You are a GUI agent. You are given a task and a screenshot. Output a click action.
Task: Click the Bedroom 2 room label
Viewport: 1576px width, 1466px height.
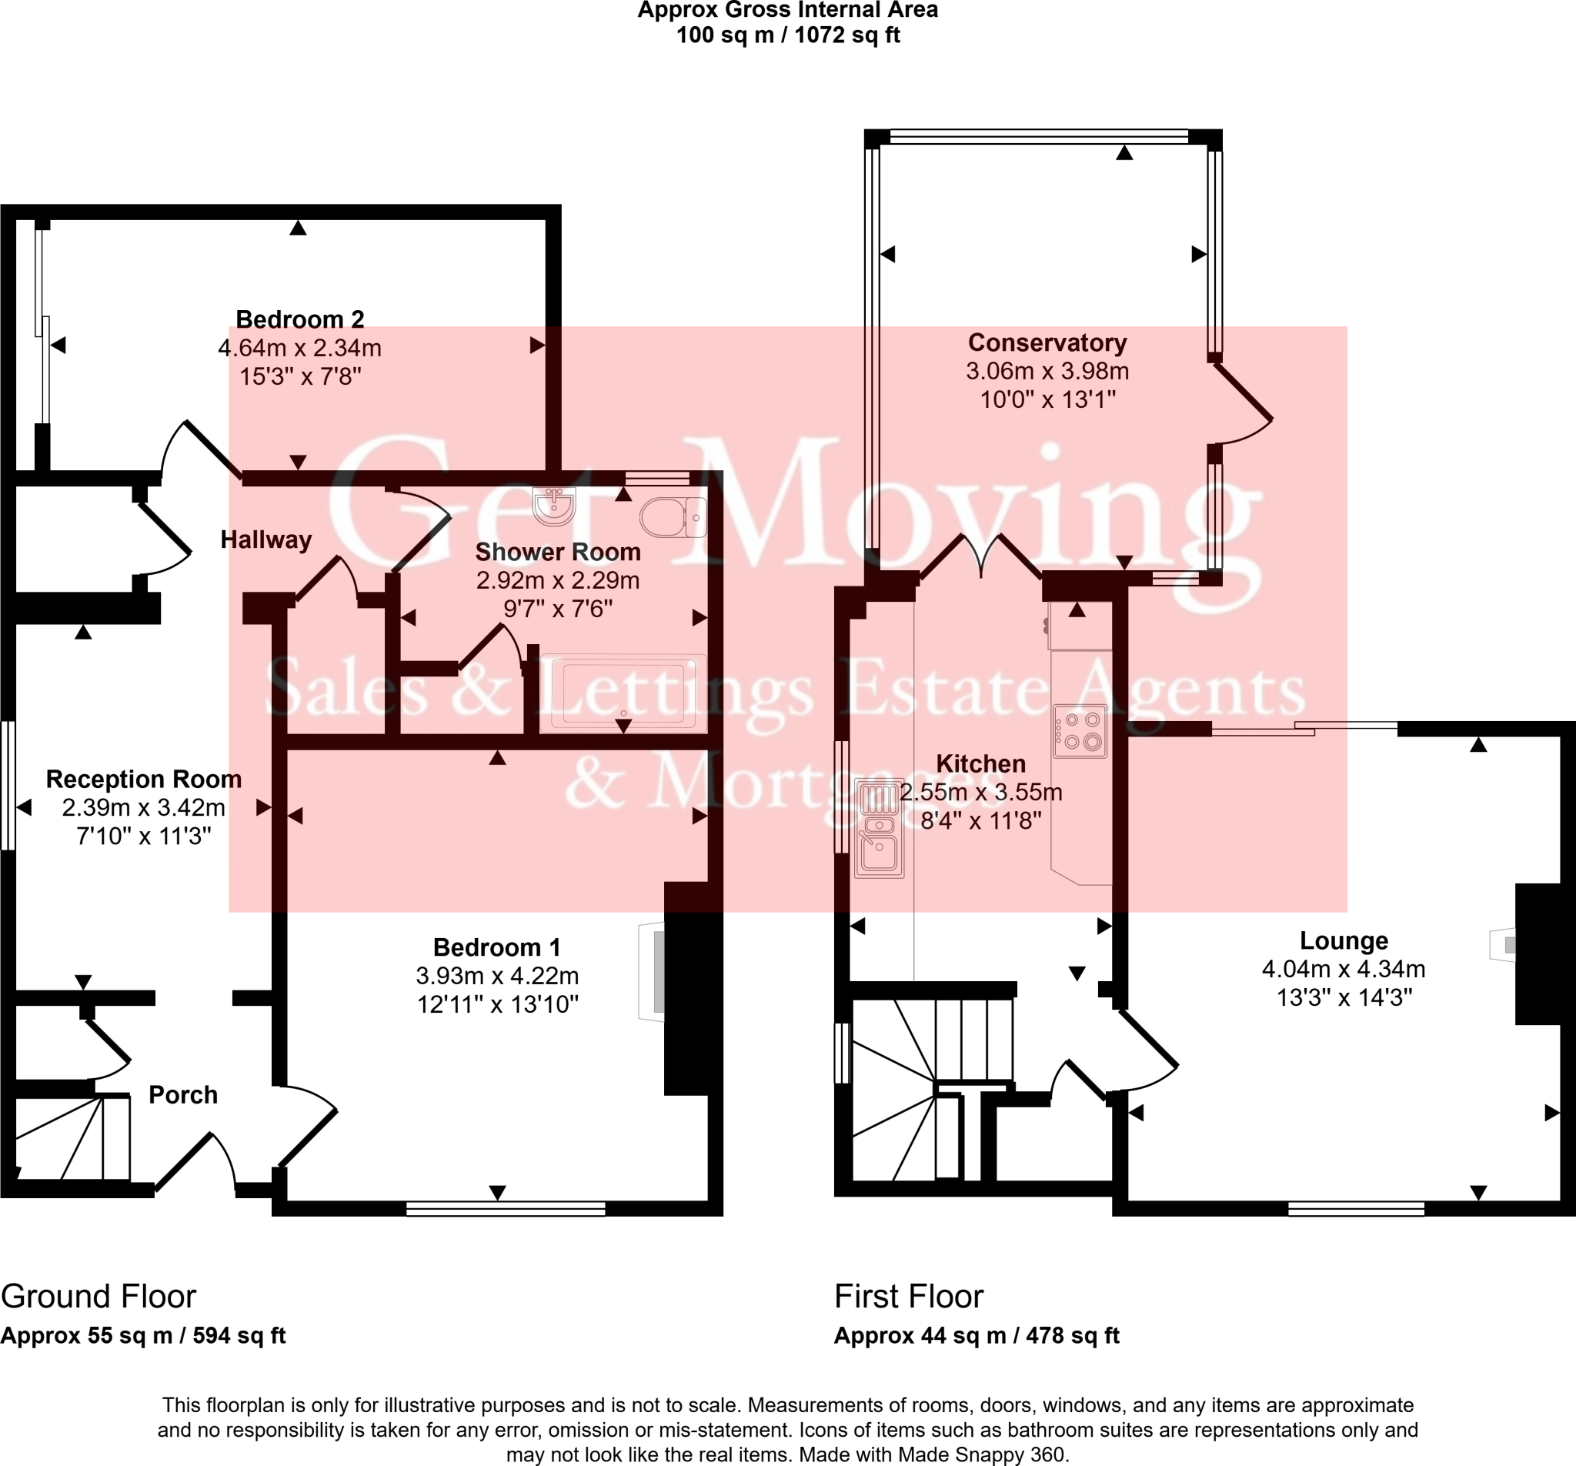[299, 319]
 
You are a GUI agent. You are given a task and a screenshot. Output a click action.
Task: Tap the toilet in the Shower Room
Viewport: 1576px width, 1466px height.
[673, 518]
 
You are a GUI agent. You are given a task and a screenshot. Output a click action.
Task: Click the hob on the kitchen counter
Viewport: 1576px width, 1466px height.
[1080, 731]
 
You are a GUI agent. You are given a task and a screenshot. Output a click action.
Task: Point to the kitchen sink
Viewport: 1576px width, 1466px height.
[878, 829]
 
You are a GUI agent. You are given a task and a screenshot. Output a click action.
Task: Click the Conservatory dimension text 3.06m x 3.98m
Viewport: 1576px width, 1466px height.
[1047, 371]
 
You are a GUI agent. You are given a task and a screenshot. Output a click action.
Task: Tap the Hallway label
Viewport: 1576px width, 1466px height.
[265, 540]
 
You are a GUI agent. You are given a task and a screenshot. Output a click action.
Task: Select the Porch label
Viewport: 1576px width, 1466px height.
[183, 1095]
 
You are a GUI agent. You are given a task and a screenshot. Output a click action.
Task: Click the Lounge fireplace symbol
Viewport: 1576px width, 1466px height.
[1503, 945]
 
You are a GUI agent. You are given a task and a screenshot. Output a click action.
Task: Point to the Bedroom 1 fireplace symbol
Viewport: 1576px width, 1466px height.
[652, 971]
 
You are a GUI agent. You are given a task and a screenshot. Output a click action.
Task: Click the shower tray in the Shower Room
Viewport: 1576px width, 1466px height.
[623, 693]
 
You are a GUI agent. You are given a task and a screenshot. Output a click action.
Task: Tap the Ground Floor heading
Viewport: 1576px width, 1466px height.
[98, 1297]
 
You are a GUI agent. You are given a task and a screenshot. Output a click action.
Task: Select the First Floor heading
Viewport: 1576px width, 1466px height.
[909, 1297]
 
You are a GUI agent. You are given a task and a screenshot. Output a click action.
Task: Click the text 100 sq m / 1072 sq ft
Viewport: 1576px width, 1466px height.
[788, 35]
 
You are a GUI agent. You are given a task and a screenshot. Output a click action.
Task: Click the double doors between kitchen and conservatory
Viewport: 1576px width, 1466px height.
[980, 557]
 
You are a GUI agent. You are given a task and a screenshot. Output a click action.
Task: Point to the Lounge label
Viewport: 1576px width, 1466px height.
[1344, 941]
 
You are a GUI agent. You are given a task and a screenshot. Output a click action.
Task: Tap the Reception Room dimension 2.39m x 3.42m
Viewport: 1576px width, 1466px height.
[143, 808]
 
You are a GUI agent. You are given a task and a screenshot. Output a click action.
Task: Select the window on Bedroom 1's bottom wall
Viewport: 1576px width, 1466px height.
[505, 1209]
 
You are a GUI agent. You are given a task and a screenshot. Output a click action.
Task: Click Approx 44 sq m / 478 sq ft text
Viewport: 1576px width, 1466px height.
[976, 1336]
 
